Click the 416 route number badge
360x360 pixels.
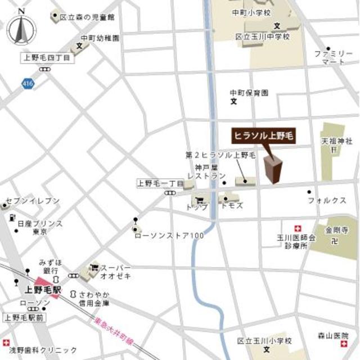27,83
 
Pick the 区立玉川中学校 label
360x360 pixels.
262,37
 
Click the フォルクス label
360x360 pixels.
326,200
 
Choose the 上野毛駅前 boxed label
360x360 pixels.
25,318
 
